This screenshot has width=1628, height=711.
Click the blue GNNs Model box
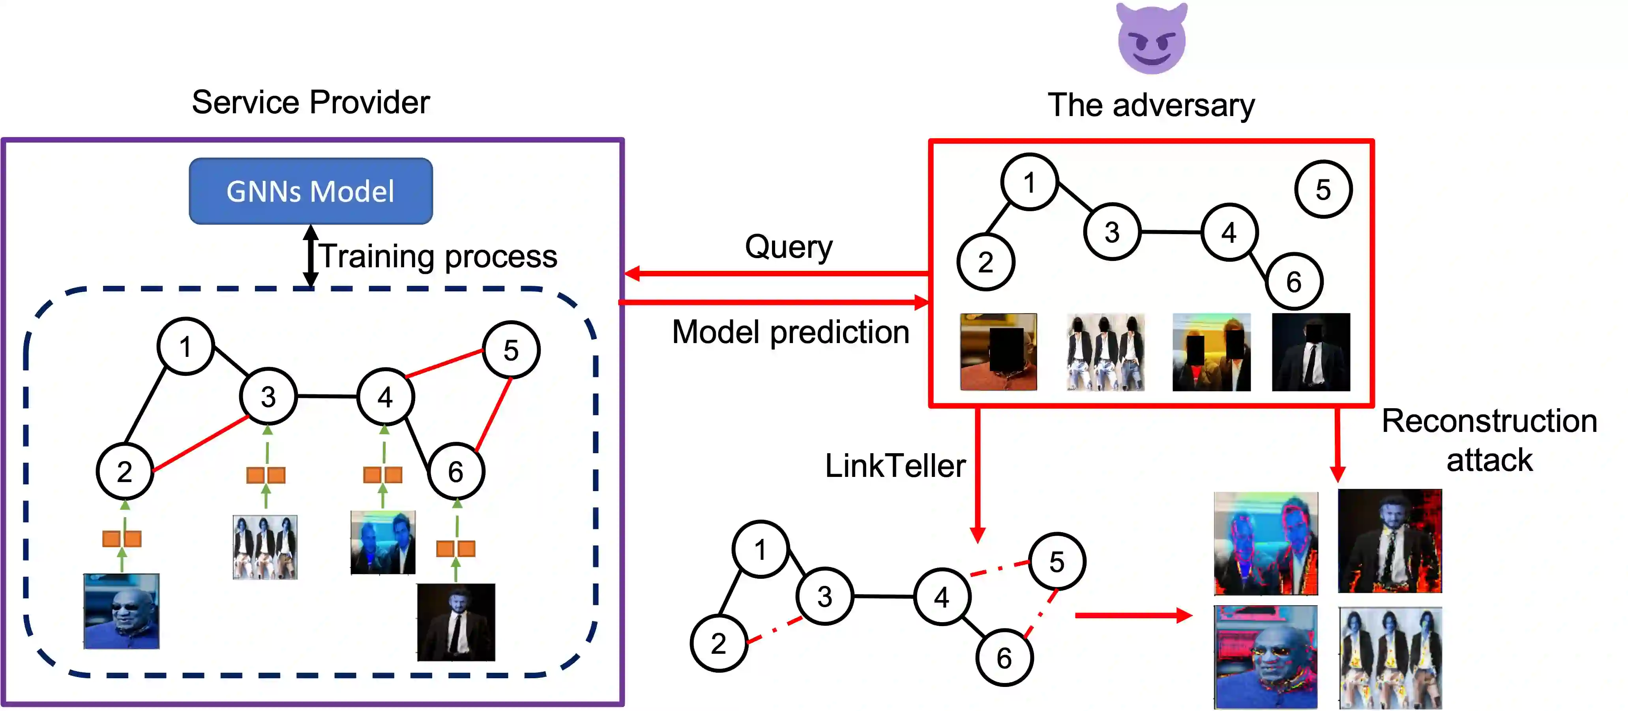[310, 191]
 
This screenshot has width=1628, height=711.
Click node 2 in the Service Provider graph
[124, 471]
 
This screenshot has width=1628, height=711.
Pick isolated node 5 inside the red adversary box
[1323, 189]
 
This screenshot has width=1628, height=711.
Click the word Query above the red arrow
[788, 246]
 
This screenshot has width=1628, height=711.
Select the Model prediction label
[790, 332]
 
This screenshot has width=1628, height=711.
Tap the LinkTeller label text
[895, 466]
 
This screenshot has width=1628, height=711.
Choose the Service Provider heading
[310, 102]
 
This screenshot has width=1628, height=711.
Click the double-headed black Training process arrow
[310, 256]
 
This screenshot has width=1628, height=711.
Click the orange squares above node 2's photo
[122, 538]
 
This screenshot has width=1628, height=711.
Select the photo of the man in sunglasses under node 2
[121, 611]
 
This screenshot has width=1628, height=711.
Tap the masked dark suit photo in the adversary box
[1311, 352]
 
